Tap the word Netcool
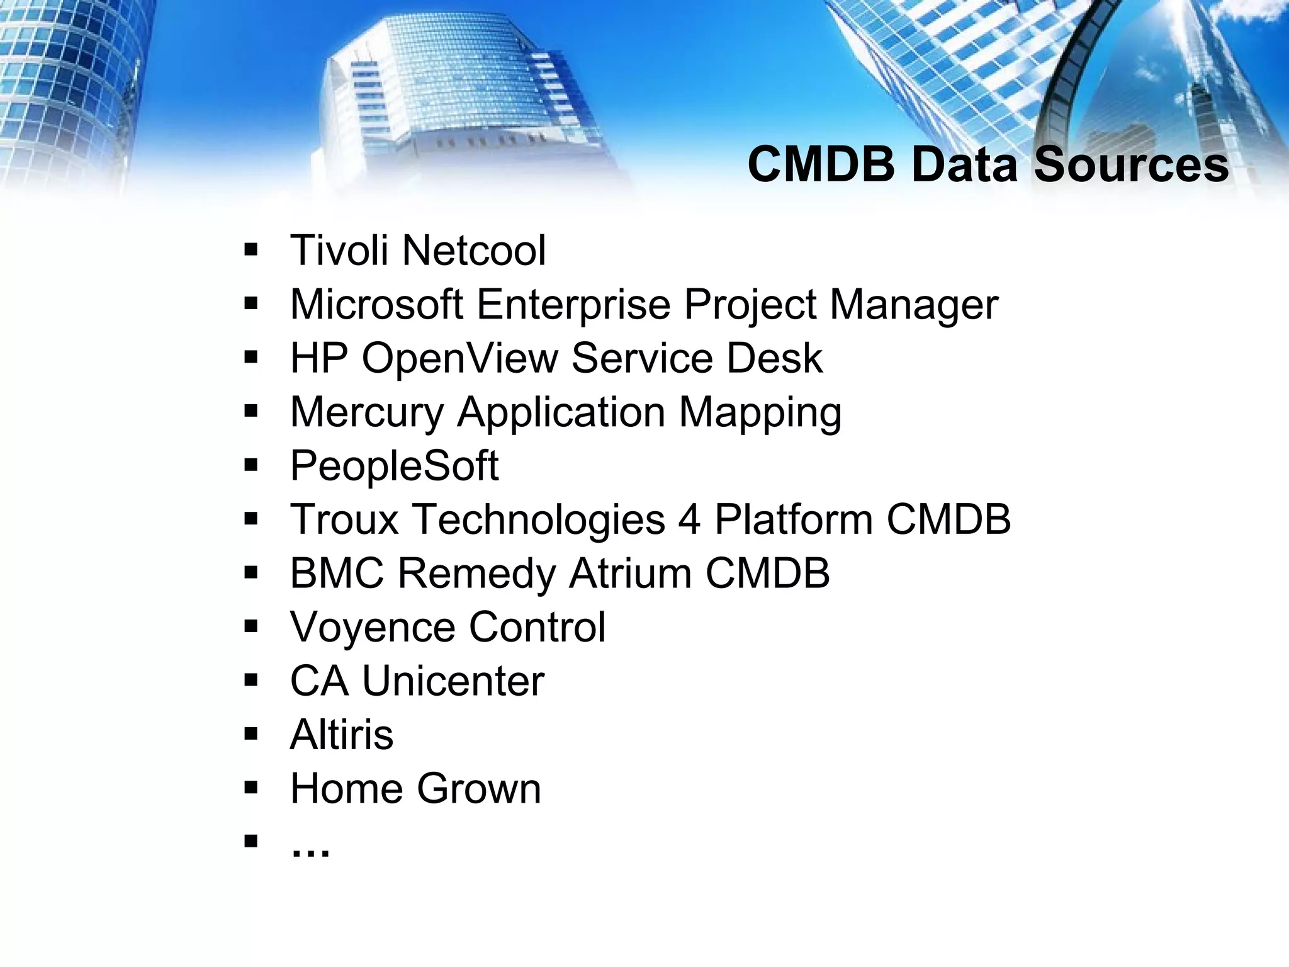coord(474,251)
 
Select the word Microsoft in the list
coord(376,305)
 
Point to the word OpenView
coord(460,358)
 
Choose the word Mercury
coord(367,414)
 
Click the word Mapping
coord(760,414)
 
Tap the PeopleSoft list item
coord(394,467)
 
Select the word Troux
coord(344,520)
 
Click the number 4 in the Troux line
coord(689,520)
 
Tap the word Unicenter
coord(453,681)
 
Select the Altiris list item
coord(341,735)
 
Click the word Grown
coord(478,789)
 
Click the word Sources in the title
coord(1131,165)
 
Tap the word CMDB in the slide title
coord(821,165)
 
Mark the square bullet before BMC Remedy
coord(251,572)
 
